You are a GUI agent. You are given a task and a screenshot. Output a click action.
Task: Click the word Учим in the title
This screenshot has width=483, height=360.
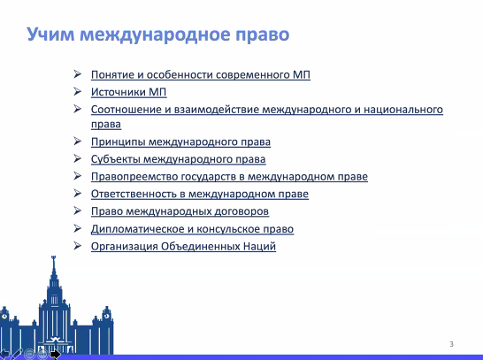[x=50, y=34]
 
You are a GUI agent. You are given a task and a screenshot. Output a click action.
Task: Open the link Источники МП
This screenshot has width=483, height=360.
[x=129, y=92]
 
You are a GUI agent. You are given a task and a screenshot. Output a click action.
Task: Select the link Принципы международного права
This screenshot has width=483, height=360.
[x=180, y=142]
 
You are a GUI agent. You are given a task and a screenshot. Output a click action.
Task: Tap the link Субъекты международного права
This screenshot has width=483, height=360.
[x=179, y=159]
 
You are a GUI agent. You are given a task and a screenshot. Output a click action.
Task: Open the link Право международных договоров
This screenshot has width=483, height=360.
[x=180, y=211]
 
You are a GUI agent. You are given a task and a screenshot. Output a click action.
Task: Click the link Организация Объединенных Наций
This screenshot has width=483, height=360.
[x=183, y=247]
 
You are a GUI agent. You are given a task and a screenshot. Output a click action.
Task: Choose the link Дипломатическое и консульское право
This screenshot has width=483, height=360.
[x=192, y=229]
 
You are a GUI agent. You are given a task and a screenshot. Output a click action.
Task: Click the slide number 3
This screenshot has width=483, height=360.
[x=451, y=344]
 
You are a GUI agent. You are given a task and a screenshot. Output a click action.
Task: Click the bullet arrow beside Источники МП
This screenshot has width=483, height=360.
[x=77, y=91]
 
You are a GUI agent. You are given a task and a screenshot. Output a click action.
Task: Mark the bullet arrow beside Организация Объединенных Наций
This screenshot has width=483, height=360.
[x=77, y=246]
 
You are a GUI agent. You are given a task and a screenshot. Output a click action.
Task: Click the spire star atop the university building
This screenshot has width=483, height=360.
[x=54, y=257]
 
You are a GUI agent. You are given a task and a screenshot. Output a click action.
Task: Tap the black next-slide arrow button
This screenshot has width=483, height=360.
[x=56, y=355]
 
